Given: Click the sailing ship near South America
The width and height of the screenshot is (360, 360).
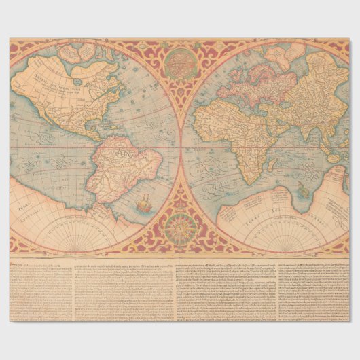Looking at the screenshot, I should (144, 202).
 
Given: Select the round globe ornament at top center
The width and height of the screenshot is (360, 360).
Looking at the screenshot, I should (180, 62).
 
